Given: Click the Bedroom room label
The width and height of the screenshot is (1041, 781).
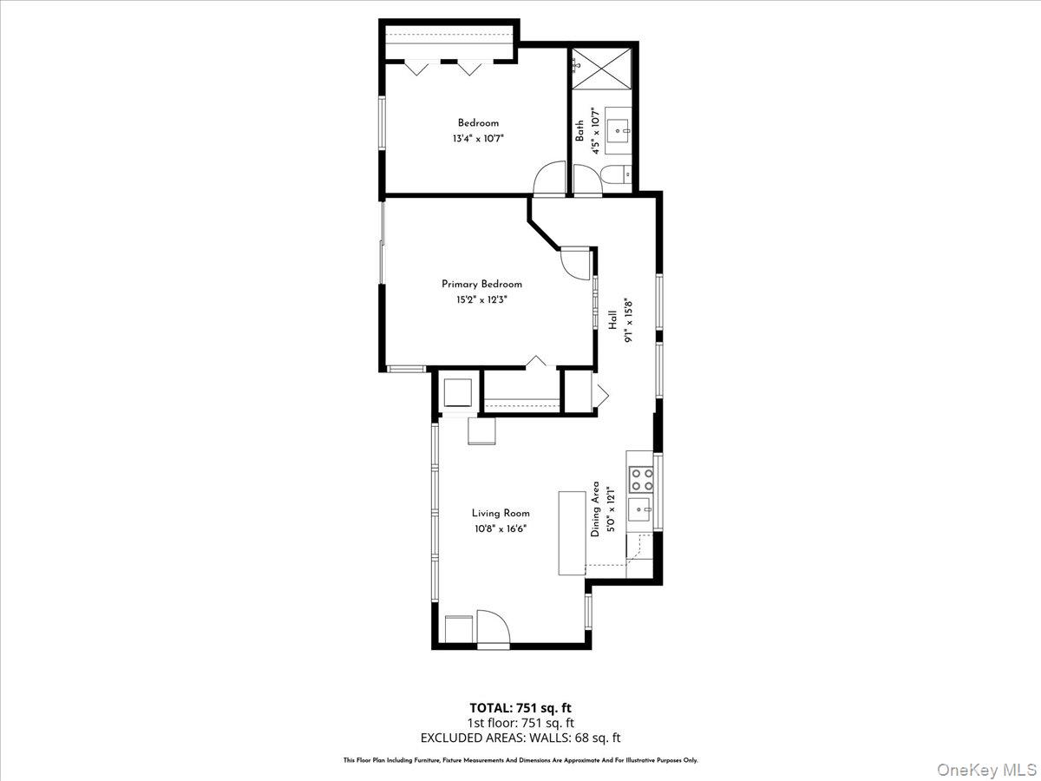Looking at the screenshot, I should pyautogui.click(x=478, y=123).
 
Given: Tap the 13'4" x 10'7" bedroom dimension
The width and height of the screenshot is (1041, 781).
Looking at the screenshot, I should pyautogui.click(x=478, y=138).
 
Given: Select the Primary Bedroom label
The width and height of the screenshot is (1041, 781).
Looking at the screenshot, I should pyautogui.click(x=481, y=284).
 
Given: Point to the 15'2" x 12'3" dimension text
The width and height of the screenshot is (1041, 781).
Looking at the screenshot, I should pyautogui.click(x=481, y=299).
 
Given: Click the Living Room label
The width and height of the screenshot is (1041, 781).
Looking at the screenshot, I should pyautogui.click(x=501, y=513).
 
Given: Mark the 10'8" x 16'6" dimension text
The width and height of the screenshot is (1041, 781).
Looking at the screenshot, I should pyautogui.click(x=501, y=528).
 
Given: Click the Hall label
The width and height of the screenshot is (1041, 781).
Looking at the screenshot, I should pyautogui.click(x=612, y=321).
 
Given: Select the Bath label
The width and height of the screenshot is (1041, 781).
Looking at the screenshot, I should pyautogui.click(x=579, y=131).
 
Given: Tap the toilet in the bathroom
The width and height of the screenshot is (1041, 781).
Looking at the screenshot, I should pyautogui.click(x=615, y=176).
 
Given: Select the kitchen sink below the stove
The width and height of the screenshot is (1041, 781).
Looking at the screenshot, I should pyautogui.click(x=639, y=509).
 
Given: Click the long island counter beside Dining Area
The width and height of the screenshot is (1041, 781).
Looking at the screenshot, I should pyautogui.click(x=572, y=533).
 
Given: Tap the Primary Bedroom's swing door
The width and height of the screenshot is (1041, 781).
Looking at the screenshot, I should pyautogui.click(x=575, y=263).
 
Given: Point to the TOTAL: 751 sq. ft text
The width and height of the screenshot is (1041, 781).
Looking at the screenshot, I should pyautogui.click(x=520, y=707).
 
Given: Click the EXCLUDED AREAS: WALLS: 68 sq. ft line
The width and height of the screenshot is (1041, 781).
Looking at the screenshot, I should pyautogui.click(x=520, y=738).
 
